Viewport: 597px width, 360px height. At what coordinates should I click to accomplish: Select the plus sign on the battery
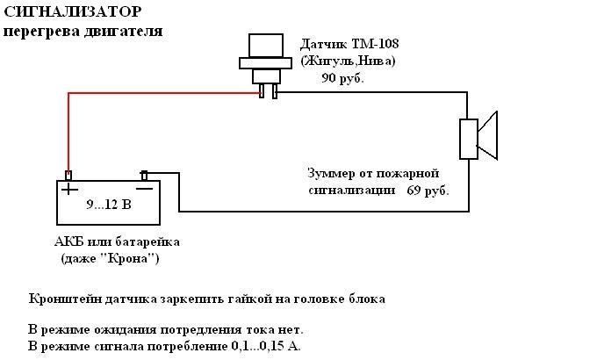pos(68,187)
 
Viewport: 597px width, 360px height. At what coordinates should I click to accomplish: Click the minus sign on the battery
pos(145,187)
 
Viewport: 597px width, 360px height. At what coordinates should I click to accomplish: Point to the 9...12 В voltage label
pos(107,205)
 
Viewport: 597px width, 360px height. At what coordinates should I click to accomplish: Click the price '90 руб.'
pos(342,77)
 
